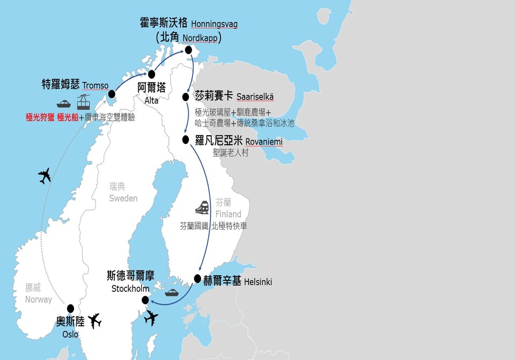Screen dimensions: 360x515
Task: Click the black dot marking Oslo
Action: point(70,309)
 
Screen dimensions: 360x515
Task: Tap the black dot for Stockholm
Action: point(145,300)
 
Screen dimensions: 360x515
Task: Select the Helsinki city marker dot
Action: point(197,279)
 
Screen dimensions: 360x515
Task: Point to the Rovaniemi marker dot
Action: point(186,140)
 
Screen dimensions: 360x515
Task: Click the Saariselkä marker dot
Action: point(186,97)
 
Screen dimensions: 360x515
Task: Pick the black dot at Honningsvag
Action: point(188,50)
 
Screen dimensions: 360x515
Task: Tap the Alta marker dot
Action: point(152,74)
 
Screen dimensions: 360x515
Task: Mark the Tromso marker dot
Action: point(111,95)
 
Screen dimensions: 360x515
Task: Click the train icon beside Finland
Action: point(202,207)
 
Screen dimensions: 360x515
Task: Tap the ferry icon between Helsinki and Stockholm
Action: point(172,292)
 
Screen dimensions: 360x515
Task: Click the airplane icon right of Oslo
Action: point(94,321)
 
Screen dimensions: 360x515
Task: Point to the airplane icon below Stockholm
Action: point(151,318)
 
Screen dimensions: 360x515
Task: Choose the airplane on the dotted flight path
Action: point(45,175)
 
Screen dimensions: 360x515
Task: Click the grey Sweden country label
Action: point(123,198)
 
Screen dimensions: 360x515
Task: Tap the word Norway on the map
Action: point(39,299)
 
